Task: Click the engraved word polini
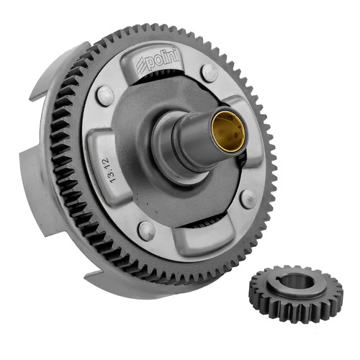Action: (x=163, y=60)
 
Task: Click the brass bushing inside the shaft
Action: (x=228, y=132)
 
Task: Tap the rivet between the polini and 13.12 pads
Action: (x=105, y=95)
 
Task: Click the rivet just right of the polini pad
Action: (x=210, y=72)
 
